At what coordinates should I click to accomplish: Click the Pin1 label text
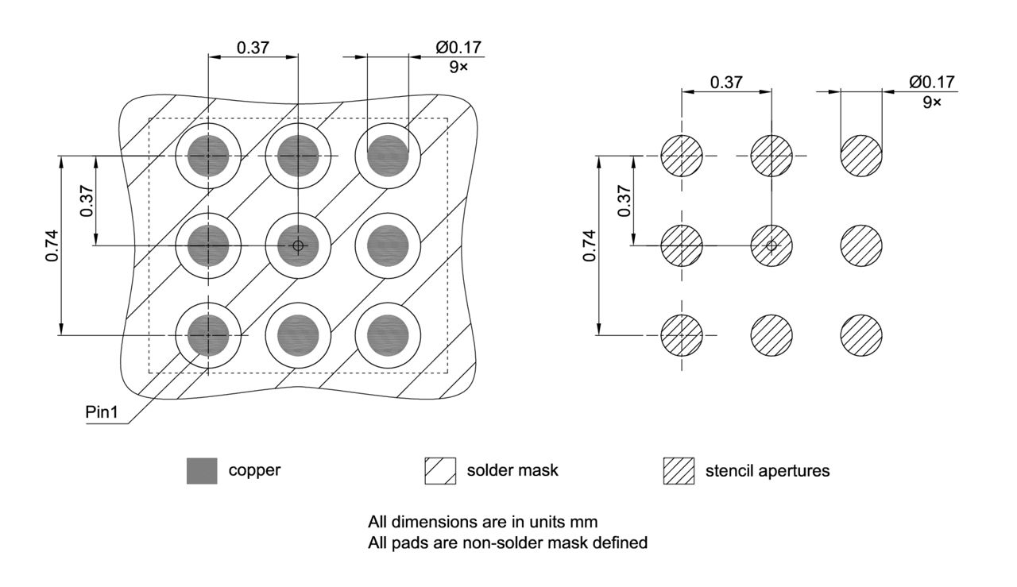(x=102, y=414)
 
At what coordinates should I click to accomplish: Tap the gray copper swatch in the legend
(x=202, y=471)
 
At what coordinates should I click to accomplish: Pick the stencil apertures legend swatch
(x=679, y=471)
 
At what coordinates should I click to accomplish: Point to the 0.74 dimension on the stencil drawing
(x=589, y=246)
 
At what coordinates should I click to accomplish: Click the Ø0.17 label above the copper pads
(x=458, y=48)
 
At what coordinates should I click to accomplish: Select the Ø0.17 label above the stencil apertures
(x=932, y=82)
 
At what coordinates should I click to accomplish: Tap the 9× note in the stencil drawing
(x=931, y=102)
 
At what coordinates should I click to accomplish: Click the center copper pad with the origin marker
(x=298, y=245)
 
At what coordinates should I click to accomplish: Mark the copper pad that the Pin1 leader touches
(x=208, y=335)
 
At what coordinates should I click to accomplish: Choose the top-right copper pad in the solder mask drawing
(x=388, y=156)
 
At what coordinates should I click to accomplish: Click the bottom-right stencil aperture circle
(x=861, y=334)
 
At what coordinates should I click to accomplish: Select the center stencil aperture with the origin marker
(x=771, y=245)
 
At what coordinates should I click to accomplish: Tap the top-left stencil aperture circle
(x=682, y=156)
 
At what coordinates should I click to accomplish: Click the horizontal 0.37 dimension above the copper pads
(x=253, y=48)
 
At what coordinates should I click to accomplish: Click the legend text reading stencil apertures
(x=768, y=471)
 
